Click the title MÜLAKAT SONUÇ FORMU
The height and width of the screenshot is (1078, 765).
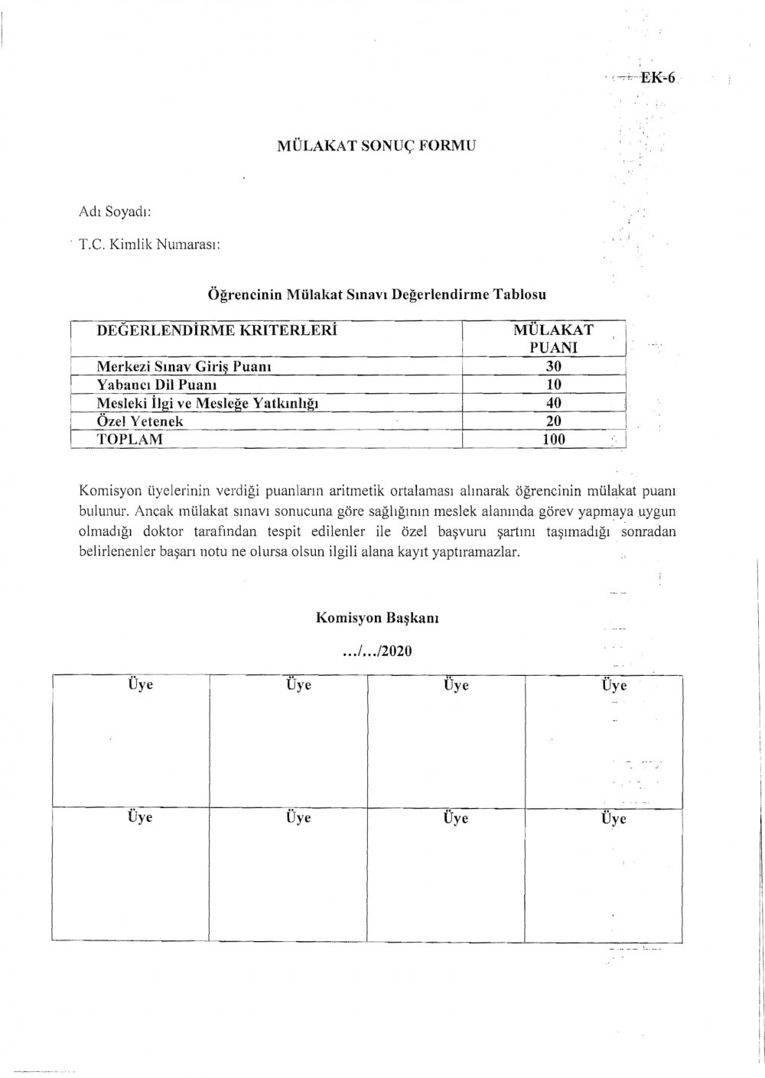(376, 144)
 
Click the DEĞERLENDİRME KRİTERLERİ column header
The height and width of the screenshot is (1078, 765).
(217, 331)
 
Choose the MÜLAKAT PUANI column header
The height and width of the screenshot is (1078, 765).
(553, 339)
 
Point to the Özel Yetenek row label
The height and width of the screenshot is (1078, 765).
(140, 421)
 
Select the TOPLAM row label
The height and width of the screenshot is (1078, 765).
(130, 440)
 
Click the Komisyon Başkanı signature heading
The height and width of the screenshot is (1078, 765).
(377, 618)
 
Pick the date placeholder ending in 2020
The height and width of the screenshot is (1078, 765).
(378, 651)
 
